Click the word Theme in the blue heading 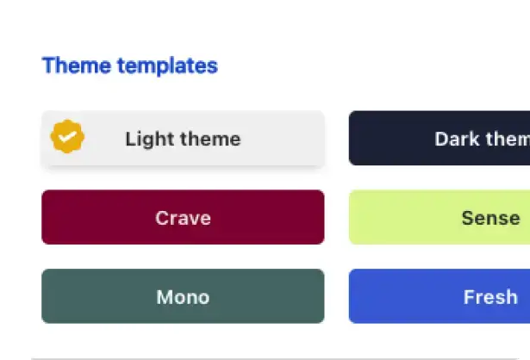coord(77,65)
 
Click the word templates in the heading coord(168,65)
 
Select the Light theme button coord(183,138)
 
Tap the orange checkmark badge coord(67,136)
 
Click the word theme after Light coord(210,139)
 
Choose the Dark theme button coord(440,138)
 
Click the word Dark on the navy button coord(457,139)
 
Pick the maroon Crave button coord(183,217)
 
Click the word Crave coord(184,218)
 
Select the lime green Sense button coord(440,217)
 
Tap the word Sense coord(491,218)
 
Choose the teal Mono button coord(183,296)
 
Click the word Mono coord(183,297)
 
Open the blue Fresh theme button coord(440,296)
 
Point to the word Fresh coord(491,297)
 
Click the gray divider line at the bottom coord(275,358)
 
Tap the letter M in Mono coord(164,297)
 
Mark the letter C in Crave coord(163,218)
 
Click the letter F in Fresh coord(469,297)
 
